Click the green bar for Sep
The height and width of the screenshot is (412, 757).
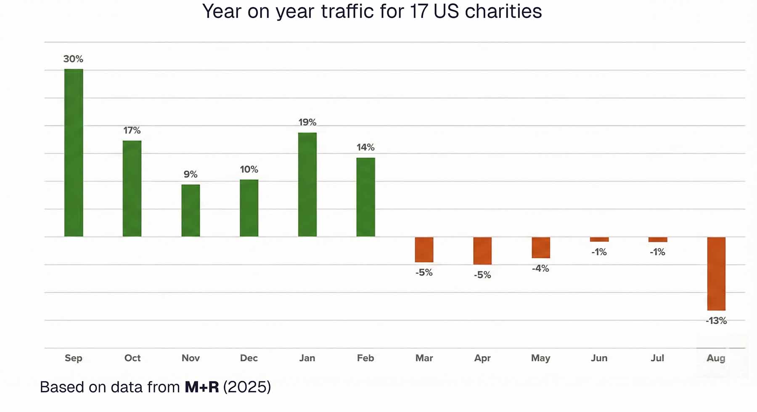74,153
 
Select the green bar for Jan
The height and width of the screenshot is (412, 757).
307,185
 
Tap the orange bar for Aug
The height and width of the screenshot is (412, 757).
716,274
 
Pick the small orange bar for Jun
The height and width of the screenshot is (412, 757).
599,240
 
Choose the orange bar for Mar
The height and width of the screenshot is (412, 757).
424,250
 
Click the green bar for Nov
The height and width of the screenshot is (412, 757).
191,211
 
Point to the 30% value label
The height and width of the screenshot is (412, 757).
73,59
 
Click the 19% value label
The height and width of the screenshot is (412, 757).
307,122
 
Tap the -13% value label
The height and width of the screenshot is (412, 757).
716,321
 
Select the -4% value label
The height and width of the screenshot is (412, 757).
540,268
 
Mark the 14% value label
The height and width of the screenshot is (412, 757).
365,147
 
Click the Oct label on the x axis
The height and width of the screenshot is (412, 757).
132,358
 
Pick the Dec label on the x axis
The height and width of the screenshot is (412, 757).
249,358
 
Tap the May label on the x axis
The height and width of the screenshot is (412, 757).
540,358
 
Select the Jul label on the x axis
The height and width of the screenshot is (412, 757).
657,358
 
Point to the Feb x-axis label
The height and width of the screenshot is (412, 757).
365,358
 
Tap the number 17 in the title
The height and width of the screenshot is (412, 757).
419,11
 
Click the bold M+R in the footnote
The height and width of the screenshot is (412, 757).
202,387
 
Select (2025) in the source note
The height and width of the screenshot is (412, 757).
247,387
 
